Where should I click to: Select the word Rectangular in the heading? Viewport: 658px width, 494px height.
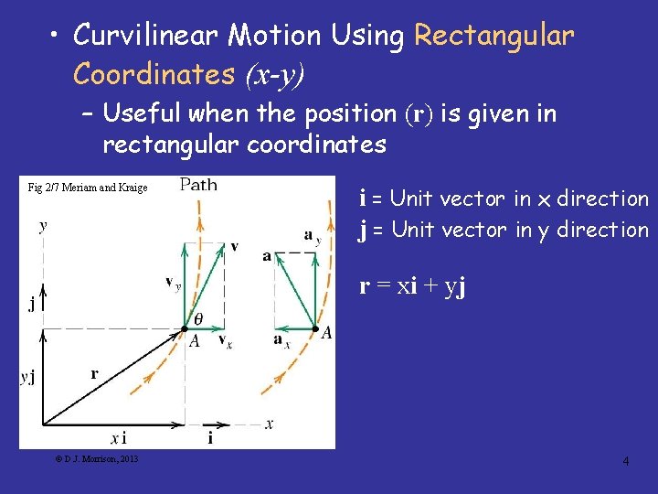point(494,36)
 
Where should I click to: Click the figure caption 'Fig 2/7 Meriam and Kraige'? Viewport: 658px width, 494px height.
point(88,188)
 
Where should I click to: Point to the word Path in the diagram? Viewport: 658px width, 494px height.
point(198,184)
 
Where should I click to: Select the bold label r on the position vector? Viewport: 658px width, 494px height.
point(94,373)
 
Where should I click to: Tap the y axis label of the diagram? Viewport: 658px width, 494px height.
point(43,226)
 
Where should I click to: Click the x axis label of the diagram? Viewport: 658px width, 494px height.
point(269,424)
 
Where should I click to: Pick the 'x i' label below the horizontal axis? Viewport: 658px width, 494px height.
point(118,438)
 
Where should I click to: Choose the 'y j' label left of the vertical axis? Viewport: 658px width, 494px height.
point(27,376)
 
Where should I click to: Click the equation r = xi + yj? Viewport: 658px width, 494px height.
point(413,286)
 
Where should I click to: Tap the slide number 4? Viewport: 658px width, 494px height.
point(625,461)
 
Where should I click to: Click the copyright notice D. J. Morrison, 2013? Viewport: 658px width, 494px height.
point(96,458)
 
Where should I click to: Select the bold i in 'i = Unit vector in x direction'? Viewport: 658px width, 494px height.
point(364,199)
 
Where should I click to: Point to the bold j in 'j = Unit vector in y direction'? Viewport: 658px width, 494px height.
point(364,231)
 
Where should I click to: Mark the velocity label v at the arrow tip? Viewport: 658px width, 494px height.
point(234,246)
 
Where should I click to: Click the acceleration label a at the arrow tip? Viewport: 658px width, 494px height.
point(267,255)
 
